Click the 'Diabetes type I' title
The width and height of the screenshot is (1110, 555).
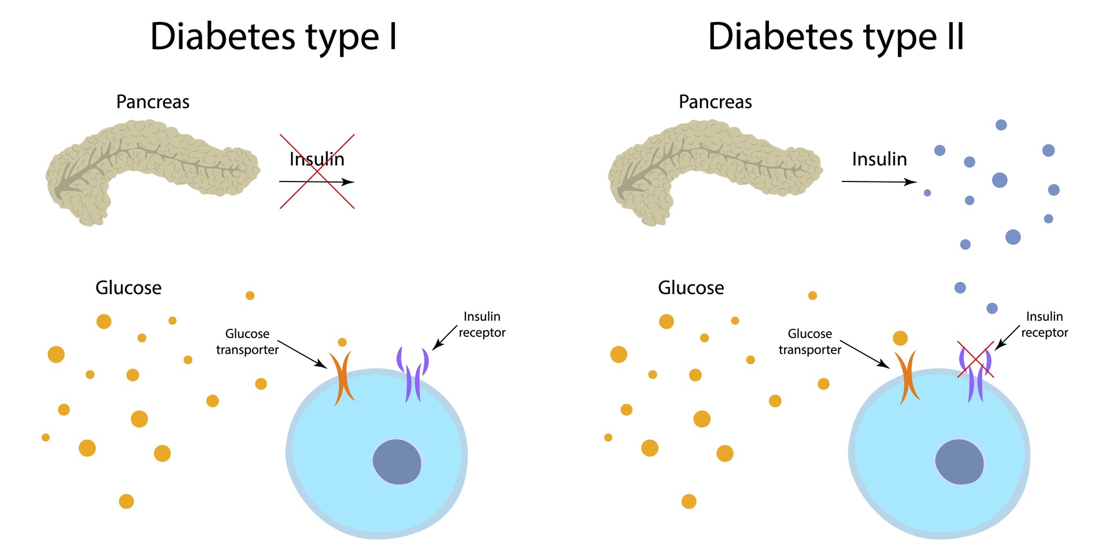tap(273, 38)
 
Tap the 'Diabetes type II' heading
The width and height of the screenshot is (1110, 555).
tap(836, 38)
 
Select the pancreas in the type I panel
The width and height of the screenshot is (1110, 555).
tap(153, 172)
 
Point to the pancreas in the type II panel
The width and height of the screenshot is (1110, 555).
tap(715, 172)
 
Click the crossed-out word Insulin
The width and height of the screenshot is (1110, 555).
tap(317, 159)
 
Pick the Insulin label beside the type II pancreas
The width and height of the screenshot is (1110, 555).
tap(879, 159)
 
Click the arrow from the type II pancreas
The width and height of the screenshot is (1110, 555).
tap(879, 182)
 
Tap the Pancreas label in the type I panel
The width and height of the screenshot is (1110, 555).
tap(153, 102)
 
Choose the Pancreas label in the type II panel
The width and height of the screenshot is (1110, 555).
tap(715, 102)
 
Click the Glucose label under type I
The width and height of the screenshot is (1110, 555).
tap(128, 287)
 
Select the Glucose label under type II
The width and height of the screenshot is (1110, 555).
tap(691, 287)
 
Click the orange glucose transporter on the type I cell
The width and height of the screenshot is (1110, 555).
tap(342, 379)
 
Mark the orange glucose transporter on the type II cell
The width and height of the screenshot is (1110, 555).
tap(907, 379)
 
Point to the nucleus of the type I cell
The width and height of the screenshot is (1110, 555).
tap(397, 462)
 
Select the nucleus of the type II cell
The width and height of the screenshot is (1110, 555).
tap(960, 462)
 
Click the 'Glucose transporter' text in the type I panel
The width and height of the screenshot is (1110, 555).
tap(247, 342)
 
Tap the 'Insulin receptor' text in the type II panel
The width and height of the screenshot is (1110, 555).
tap(1045, 324)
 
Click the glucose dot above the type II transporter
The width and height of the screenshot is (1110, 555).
tap(900, 338)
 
